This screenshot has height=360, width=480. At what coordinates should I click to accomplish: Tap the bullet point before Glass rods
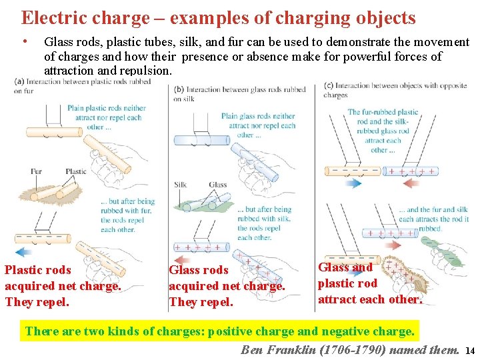tap(25, 41)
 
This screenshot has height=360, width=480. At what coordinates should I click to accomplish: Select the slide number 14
tap(469, 351)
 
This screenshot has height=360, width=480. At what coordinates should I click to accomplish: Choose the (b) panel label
tap(179, 89)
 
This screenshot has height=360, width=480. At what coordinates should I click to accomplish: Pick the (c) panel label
tap(328, 85)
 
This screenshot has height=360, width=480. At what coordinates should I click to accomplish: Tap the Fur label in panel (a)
tap(36, 171)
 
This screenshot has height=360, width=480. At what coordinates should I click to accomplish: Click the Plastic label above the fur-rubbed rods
tap(75, 171)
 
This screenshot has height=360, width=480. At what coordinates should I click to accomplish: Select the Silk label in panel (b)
tap(180, 185)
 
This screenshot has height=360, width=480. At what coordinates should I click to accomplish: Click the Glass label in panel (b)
tap(217, 185)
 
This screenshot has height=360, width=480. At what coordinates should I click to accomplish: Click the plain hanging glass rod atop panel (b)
tap(201, 140)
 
